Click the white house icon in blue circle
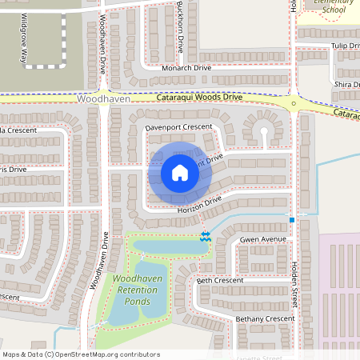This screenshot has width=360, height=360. pos(180,173)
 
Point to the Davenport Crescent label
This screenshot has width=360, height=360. pos(179,127)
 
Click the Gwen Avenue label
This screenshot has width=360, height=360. pos(262,239)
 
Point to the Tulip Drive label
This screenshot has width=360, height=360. pos(346,46)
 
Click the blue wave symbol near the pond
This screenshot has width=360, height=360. pos(206,237)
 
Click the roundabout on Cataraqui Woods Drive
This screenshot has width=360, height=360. pos(294,103)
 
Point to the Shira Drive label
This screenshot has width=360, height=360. pos(347,85)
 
